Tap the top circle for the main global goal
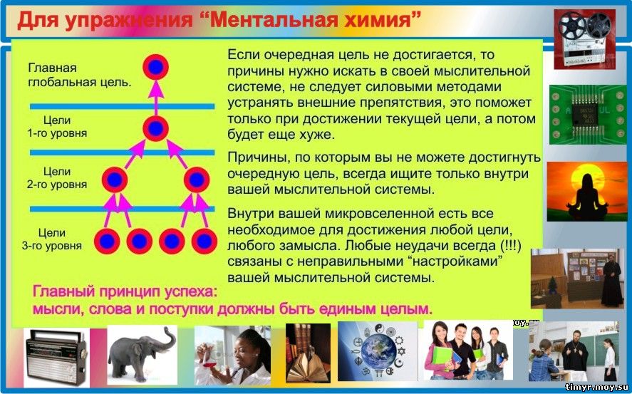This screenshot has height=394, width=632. point(155,67)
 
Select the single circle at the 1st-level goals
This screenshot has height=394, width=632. point(155,128)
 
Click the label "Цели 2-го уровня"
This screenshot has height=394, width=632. point(57,178)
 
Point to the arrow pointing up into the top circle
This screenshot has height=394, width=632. point(156,98)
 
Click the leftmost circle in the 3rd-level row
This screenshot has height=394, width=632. point(107,242)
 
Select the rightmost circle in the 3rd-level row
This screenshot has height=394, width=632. point(204,242)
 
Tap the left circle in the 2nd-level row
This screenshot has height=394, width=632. point(115,180)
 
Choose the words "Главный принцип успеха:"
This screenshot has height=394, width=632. point(125,291)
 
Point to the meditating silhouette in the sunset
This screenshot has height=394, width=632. point(587,197)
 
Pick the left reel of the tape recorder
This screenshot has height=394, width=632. point(571,26)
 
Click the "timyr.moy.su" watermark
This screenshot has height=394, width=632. point(597,387)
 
